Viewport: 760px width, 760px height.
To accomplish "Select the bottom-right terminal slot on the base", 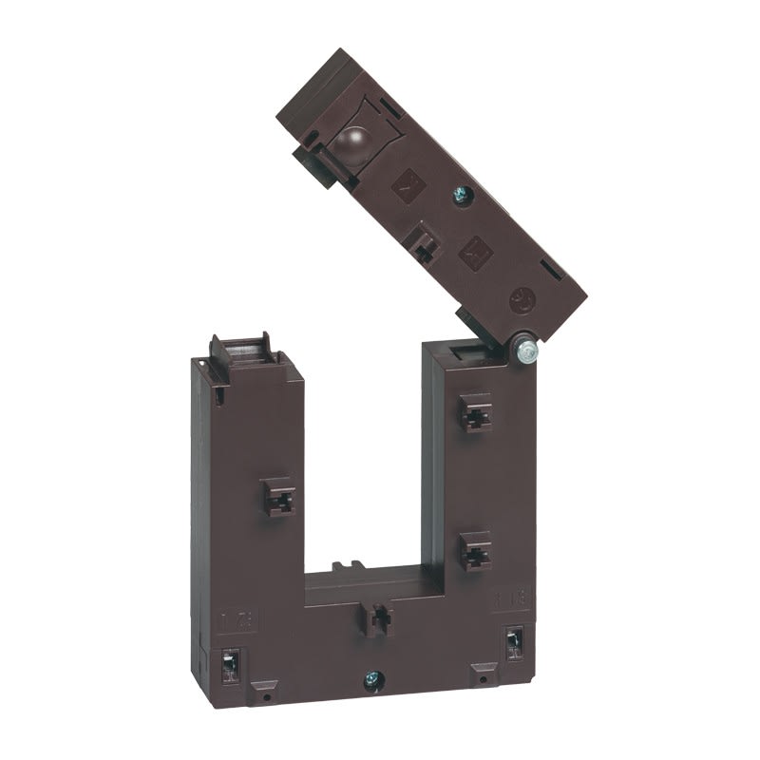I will click(x=516, y=645).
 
